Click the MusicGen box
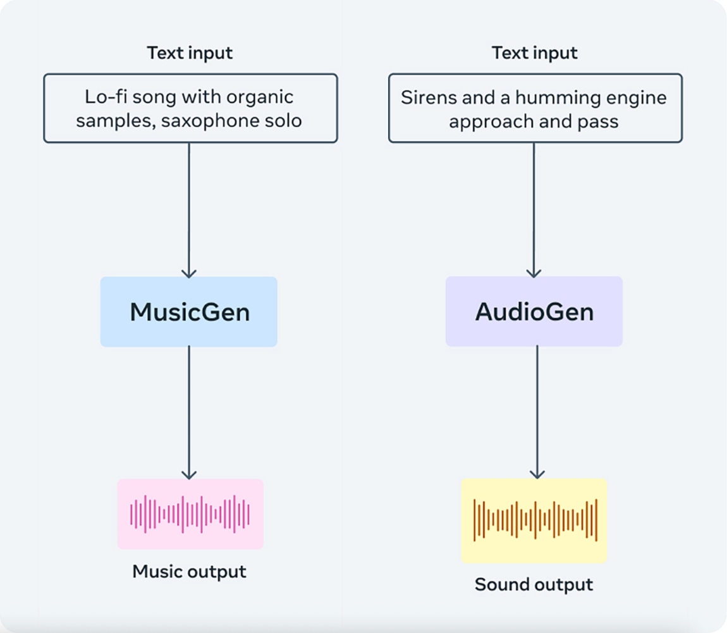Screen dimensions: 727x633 point(189,312)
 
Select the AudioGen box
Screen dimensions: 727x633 point(534,311)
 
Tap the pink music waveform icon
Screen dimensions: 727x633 point(190,514)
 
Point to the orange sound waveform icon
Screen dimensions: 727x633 point(535,520)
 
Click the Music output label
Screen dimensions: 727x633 point(189,571)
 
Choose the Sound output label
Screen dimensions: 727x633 point(534,584)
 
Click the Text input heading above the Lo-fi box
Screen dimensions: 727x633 point(190,53)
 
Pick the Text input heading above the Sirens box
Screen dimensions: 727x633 point(535,53)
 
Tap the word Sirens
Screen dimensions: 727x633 point(422,97)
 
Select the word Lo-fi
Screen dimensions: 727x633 point(106,97)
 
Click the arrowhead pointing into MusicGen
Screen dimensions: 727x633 point(189,273)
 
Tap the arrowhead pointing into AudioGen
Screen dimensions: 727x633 point(534,272)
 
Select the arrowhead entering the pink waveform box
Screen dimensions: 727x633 point(189,474)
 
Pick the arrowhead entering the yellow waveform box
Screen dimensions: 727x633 point(537,474)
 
